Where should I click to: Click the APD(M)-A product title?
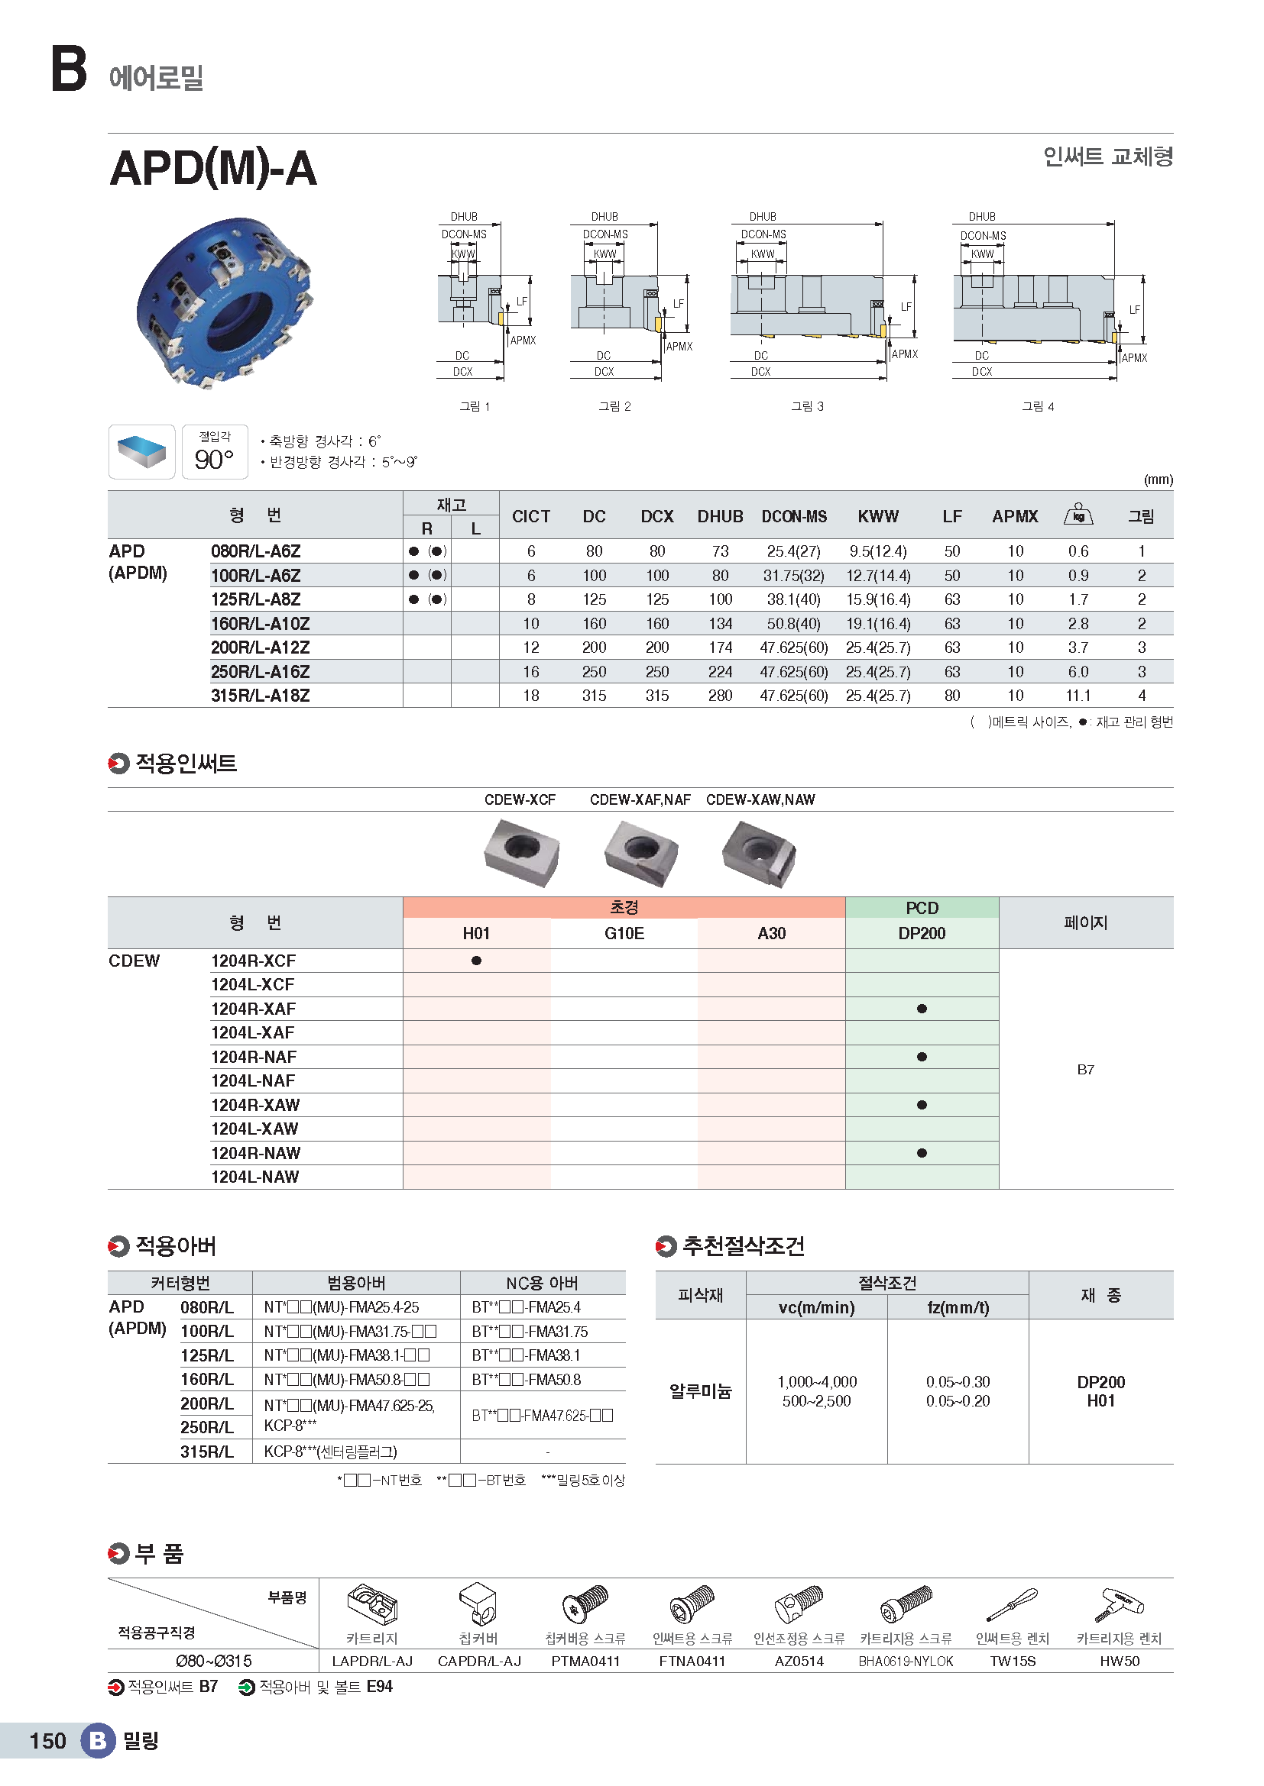click(213, 169)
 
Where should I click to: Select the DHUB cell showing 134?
click(720, 624)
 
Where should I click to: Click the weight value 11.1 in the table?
click(1078, 696)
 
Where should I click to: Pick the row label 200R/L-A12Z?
click(260, 648)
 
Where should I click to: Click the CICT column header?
click(531, 516)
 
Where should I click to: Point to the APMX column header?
click(1015, 516)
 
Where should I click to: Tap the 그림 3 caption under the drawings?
click(807, 406)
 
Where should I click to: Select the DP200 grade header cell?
click(922, 933)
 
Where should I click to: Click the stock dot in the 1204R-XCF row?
click(476, 961)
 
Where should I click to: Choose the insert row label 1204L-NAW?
click(255, 1177)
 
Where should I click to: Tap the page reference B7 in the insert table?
click(1085, 1070)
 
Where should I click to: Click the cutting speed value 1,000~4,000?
click(816, 1381)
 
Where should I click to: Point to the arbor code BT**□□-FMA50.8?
click(526, 1379)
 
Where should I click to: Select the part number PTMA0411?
click(585, 1661)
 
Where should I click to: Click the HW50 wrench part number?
click(1120, 1661)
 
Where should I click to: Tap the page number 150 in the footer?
click(47, 1740)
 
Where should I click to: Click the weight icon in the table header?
click(1078, 514)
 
